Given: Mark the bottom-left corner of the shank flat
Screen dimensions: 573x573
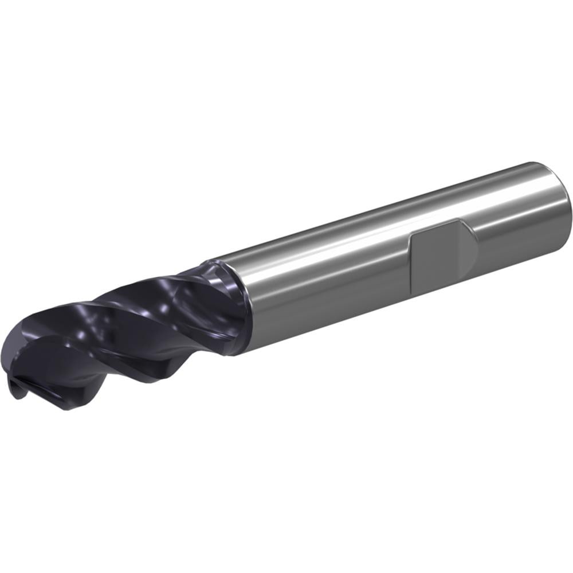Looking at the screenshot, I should [411, 286].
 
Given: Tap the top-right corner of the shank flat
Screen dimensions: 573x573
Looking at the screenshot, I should [458, 221].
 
